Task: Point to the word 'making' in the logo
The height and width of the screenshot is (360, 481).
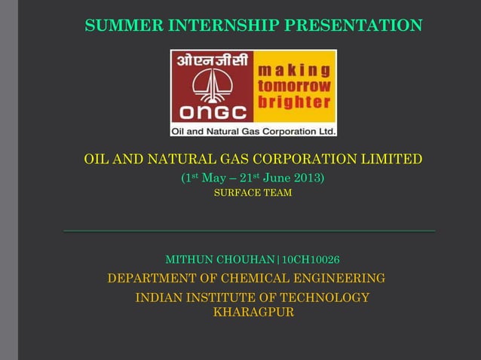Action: (x=294, y=71)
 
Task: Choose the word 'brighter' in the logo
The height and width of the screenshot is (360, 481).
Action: (x=294, y=101)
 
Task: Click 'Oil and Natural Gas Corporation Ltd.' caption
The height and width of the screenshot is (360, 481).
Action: (x=253, y=130)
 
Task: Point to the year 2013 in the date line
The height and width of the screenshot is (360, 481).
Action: (x=308, y=178)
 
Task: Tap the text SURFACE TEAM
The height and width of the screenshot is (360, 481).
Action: (x=253, y=194)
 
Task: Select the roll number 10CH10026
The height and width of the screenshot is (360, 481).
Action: (x=311, y=260)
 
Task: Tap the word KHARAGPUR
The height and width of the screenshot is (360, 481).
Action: (x=253, y=312)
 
